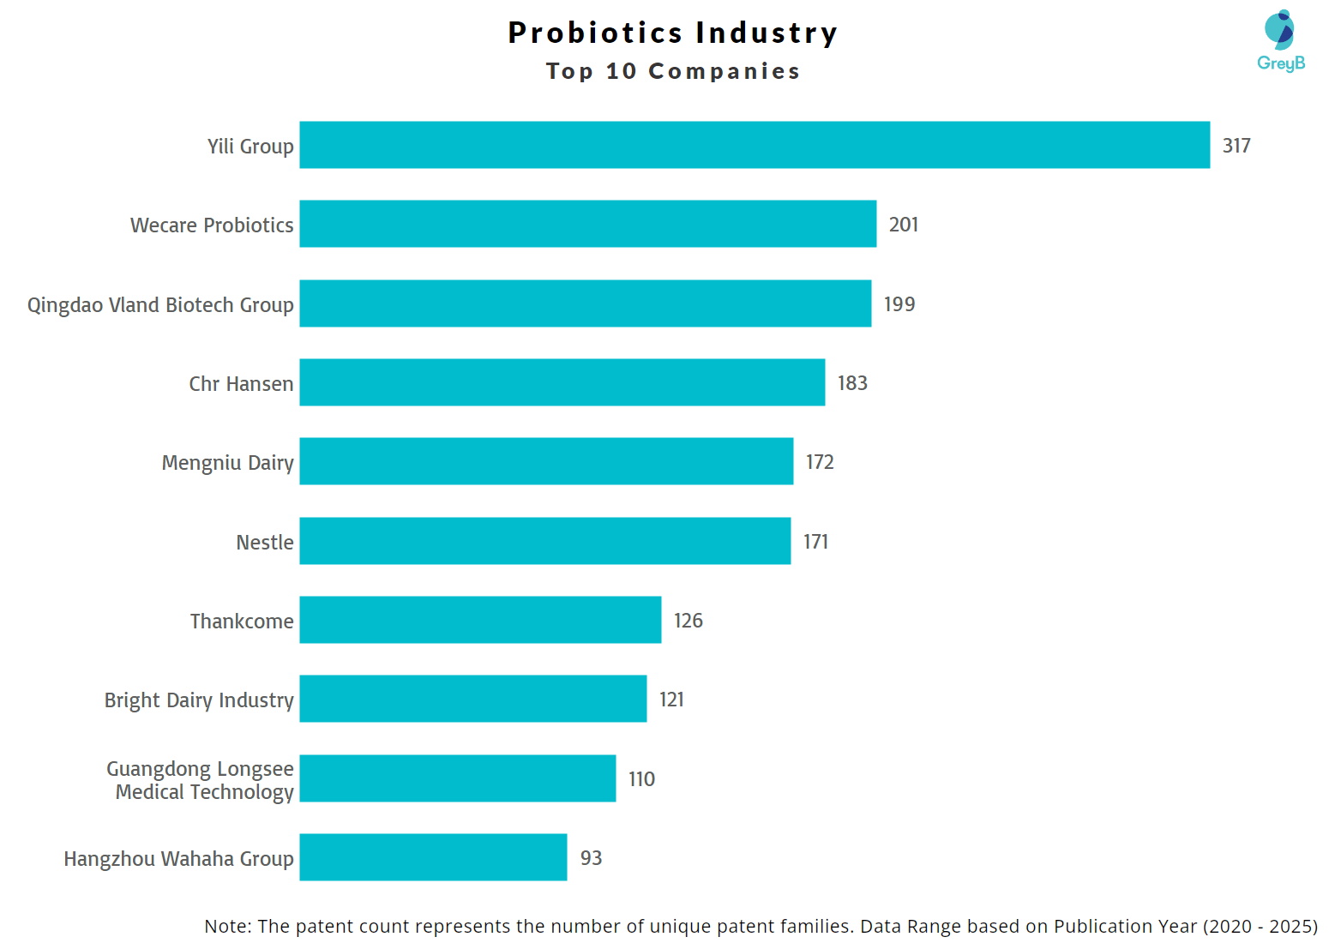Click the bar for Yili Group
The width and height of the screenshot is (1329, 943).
click(755, 145)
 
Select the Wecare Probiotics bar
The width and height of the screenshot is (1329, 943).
click(588, 224)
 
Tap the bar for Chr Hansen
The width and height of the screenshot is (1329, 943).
click(562, 382)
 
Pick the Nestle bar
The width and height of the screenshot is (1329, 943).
click(545, 541)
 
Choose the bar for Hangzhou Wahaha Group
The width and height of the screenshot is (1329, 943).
click(433, 857)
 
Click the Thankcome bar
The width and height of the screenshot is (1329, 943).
click(480, 620)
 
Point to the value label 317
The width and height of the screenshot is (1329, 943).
click(1236, 146)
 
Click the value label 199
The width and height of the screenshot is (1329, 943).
click(899, 304)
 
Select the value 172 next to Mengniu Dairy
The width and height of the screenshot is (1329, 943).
click(820, 462)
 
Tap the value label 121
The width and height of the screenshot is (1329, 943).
click(671, 700)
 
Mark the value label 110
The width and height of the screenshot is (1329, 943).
click(641, 779)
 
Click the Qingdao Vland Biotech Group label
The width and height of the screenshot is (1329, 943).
click(160, 305)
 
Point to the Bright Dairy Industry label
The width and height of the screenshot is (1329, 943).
click(199, 700)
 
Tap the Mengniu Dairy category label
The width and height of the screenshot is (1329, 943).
click(227, 463)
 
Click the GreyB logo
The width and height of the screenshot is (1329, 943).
click(1280, 40)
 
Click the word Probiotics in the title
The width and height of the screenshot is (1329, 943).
click(595, 33)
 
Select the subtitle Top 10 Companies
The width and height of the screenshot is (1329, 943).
click(673, 71)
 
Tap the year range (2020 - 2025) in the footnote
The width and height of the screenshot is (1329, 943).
click(1260, 927)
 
